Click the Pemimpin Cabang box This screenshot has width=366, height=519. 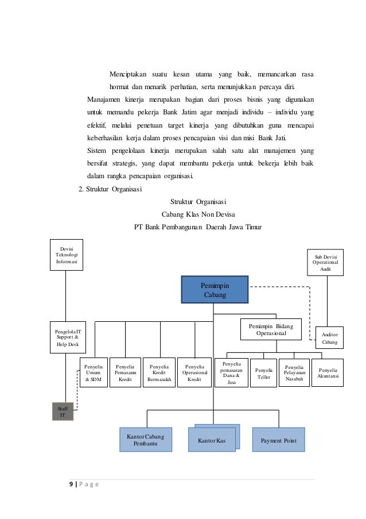[215, 290]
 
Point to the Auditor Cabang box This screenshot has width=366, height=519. [329, 338]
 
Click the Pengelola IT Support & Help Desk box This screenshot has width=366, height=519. [68, 337]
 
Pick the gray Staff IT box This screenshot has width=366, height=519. [63, 412]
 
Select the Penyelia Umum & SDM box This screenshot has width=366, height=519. [94, 372]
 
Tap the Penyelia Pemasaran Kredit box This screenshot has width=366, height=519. [125, 372]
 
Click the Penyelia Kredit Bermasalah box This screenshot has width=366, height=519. [159, 372]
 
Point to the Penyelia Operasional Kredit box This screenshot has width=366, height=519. [194, 372]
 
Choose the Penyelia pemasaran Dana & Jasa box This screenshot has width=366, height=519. [231, 373]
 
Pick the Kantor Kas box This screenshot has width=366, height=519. [212, 441]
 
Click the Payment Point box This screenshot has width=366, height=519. [278, 440]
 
